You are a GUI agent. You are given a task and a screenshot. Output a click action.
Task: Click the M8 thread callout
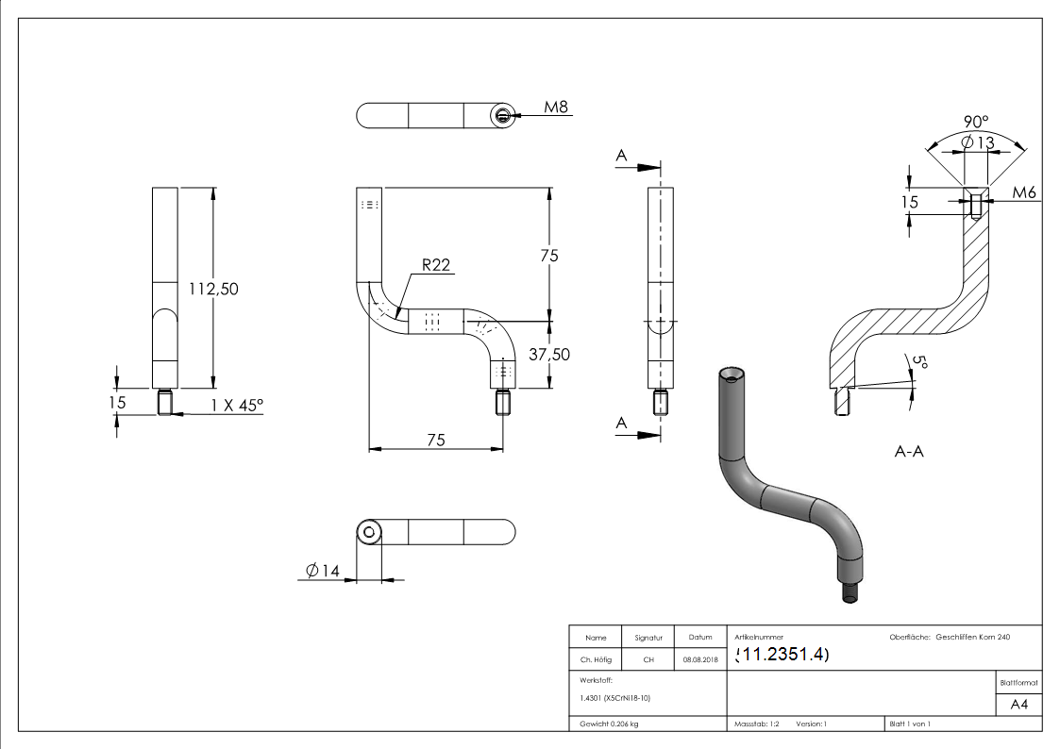point(557,108)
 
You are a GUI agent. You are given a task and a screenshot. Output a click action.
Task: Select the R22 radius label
point(435,265)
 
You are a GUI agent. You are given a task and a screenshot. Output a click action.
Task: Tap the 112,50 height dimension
point(213,289)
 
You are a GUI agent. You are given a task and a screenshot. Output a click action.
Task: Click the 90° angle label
point(975,122)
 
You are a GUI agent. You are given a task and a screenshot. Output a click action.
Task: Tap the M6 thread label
point(1025,192)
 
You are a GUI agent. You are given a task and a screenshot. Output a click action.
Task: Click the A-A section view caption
point(909,452)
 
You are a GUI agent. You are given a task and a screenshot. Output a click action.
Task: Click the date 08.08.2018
point(700,660)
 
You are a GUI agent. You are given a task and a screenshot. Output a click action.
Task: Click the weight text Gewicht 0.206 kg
point(609,724)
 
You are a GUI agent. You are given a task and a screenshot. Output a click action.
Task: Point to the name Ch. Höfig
point(596,660)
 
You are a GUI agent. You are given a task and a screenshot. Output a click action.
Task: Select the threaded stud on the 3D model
point(850,594)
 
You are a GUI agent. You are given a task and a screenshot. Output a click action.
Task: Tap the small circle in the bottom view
point(369,532)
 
